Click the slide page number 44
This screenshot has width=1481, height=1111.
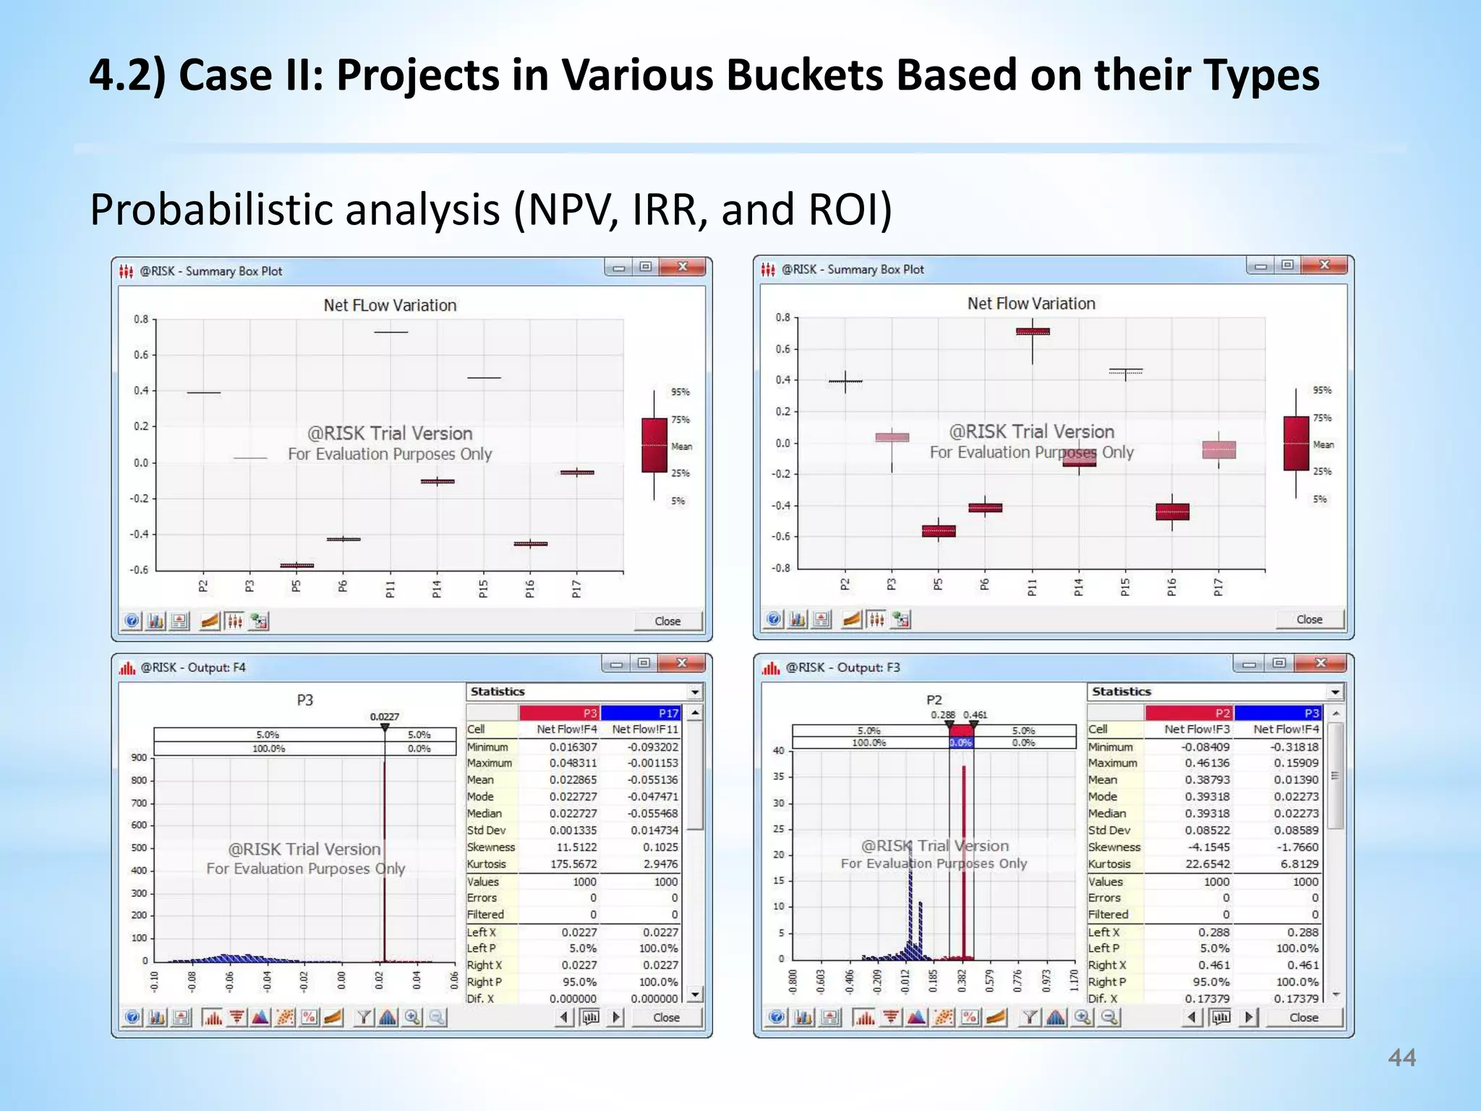[x=1401, y=1058]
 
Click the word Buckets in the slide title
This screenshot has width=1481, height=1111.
[x=804, y=75]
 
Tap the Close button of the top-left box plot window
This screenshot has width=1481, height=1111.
[x=667, y=621]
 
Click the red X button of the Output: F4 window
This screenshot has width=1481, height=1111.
[x=681, y=663]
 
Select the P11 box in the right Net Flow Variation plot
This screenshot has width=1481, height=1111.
[x=1033, y=331]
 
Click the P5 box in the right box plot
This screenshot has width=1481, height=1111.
[x=939, y=531]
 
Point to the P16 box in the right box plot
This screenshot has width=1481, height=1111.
[x=1172, y=511]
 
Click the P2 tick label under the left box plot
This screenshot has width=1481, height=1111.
[x=203, y=586]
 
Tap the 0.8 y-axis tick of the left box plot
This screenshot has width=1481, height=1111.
[x=141, y=319]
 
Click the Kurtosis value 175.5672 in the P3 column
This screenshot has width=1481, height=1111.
[x=573, y=864]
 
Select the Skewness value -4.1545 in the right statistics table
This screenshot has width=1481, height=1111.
[x=1207, y=847]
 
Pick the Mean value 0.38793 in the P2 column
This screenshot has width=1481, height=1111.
[x=1207, y=780]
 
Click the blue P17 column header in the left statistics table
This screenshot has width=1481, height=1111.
[x=641, y=713]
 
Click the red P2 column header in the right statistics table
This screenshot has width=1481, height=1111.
[x=1190, y=713]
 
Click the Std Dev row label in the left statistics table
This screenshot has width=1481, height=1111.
[x=487, y=830]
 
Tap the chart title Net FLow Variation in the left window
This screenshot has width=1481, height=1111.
[x=390, y=305]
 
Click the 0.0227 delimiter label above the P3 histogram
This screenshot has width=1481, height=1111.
[x=385, y=717]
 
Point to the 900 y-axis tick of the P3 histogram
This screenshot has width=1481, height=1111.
[x=139, y=757]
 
